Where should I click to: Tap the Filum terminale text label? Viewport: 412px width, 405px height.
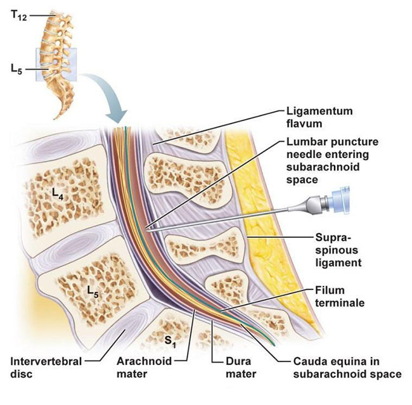tap(339, 296)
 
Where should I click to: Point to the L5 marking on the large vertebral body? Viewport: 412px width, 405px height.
tap(93, 292)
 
